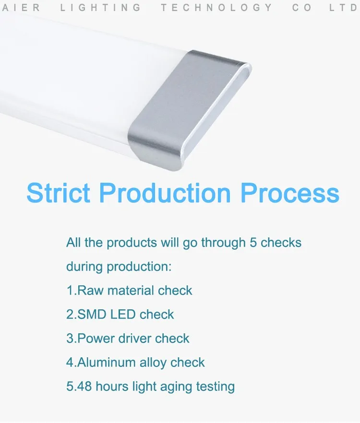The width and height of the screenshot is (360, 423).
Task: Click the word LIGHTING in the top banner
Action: tap(100, 7)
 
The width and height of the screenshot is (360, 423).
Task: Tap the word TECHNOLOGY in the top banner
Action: tap(216, 7)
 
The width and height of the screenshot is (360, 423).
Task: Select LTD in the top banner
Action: tap(344, 7)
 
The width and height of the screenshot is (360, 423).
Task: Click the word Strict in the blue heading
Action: tap(59, 193)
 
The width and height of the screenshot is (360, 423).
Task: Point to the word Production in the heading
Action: tap(165, 193)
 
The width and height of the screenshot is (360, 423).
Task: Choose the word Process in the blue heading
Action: tap(290, 193)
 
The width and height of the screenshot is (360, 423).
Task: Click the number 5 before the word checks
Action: tap(253, 243)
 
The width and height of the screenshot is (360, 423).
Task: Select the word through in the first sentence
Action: tap(223, 243)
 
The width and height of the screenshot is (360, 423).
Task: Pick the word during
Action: tap(84, 267)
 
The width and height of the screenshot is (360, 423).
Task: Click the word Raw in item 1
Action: tap(90, 291)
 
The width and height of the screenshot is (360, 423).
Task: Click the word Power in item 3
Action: tap(96, 339)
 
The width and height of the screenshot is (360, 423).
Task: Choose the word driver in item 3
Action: tap(134, 339)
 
